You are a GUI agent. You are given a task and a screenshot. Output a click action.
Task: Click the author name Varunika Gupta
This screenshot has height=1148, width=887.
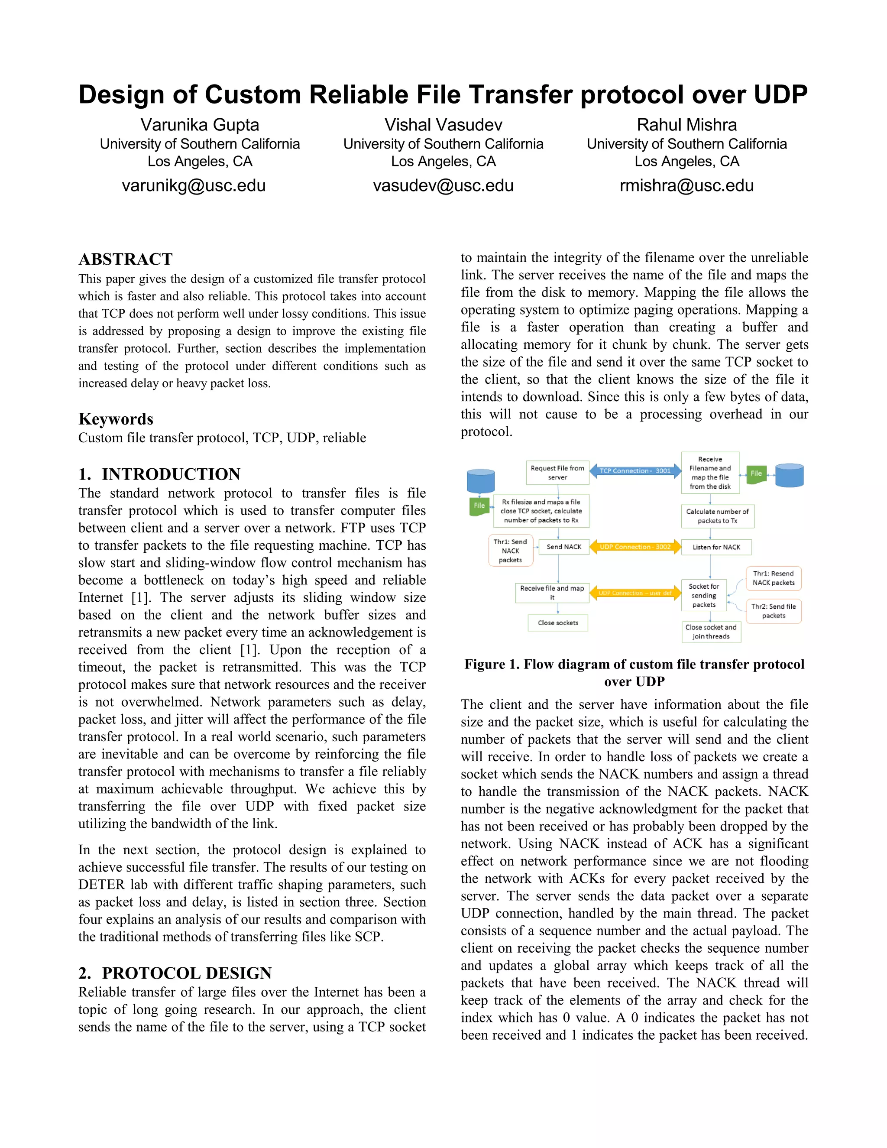[x=200, y=125]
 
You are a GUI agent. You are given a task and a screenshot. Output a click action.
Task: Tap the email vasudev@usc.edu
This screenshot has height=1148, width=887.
[x=443, y=185]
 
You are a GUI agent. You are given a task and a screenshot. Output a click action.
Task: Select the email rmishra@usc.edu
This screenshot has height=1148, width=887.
[x=686, y=185]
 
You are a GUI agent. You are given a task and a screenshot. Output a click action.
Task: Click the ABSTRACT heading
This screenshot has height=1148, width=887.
[x=125, y=259]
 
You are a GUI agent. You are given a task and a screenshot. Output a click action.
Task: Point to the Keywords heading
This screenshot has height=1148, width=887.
[x=116, y=419]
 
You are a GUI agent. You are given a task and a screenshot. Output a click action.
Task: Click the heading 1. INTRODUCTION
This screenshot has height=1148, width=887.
[x=159, y=474]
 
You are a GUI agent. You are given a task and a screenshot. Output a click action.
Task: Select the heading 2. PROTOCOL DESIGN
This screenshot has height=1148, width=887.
[x=175, y=973]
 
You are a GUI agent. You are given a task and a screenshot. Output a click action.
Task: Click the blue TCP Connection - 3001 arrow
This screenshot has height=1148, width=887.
[x=635, y=471]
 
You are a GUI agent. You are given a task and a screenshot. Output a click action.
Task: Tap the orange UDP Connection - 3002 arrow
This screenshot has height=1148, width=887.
[x=635, y=547]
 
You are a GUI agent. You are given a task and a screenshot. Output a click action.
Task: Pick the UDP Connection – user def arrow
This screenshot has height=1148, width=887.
[x=635, y=593]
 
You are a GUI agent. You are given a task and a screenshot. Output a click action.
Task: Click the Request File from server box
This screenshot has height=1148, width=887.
[x=557, y=473]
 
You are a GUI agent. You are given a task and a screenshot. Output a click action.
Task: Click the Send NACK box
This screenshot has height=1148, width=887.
[x=563, y=547]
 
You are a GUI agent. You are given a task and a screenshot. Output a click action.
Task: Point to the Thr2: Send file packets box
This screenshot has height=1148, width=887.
[x=773, y=611]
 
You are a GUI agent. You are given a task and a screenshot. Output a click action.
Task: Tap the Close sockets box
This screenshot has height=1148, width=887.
[x=557, y=623]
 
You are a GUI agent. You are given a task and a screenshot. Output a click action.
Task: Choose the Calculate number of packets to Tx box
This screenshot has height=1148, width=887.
[x=717, y=516]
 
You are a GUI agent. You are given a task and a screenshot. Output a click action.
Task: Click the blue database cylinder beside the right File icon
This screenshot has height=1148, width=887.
[x=789, y=475]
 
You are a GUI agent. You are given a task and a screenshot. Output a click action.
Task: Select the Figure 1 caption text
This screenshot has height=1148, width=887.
[x=634, y=672]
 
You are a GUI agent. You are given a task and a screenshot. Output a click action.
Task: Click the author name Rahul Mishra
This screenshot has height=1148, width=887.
[x=686, y=125]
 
